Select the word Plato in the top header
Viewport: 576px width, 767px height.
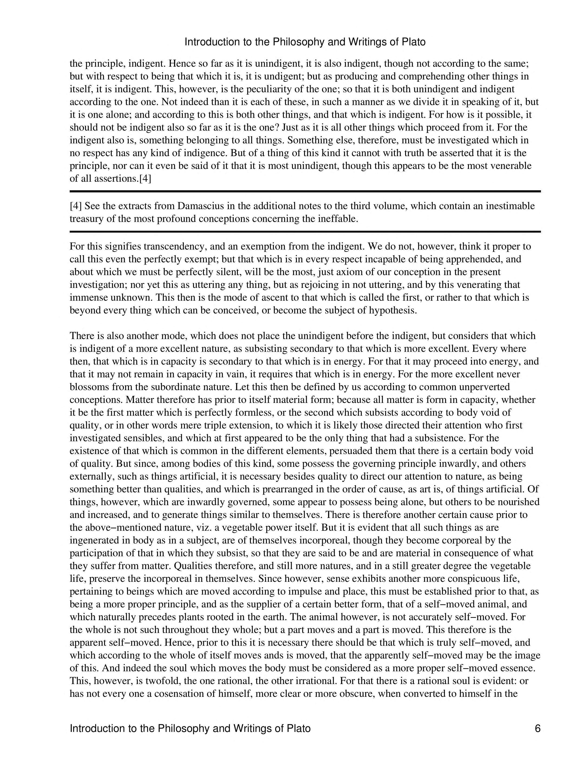413,42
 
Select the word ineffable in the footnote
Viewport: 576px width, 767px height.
340,219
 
